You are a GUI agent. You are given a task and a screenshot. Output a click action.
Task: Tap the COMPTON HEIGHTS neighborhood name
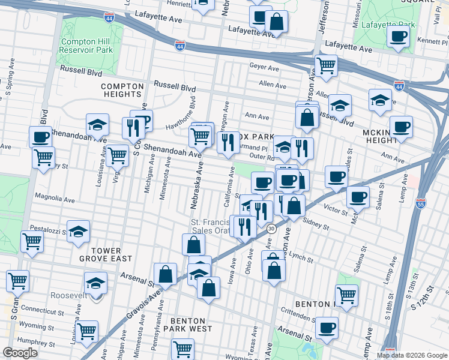(122, 90)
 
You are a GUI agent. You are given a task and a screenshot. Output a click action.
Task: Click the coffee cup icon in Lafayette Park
(398, 37)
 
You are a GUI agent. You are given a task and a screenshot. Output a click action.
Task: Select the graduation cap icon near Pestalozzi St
(78, 232)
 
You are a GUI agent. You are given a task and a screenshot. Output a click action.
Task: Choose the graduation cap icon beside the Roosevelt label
(95, 283)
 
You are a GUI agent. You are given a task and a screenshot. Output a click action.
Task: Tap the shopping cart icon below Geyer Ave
(326, 65)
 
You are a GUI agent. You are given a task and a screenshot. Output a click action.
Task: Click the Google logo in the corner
(20, 352)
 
